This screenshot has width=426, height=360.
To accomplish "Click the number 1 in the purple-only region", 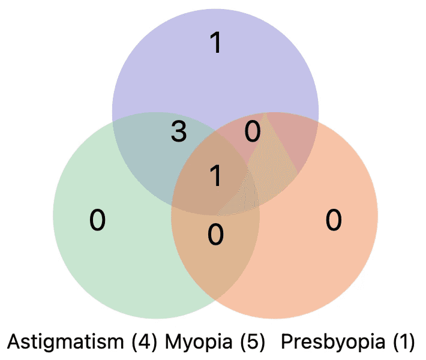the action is tap(215, 43).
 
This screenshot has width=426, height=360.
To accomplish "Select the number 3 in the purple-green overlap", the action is tap(178, 132).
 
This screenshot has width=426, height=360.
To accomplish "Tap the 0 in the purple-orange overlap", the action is tap(253, 131).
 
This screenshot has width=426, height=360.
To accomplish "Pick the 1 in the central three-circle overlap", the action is tap(215, 176).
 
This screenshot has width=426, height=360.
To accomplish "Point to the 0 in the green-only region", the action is tap(97, 220).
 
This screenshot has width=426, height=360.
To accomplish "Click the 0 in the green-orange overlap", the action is tap(215, 234).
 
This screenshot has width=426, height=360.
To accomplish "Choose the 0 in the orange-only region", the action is tap(334, 220).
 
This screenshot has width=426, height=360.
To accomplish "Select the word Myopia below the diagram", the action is tap(199, 343).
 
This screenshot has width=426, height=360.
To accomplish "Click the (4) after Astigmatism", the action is tap(144, 343).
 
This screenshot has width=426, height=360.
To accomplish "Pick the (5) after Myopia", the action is tap(252, 343).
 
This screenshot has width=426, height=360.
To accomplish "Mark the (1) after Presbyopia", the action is tap(403, 343).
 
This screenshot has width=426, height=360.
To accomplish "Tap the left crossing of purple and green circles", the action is tap(114, 123).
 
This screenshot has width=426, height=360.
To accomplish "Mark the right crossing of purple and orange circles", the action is tap(317, 123).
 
